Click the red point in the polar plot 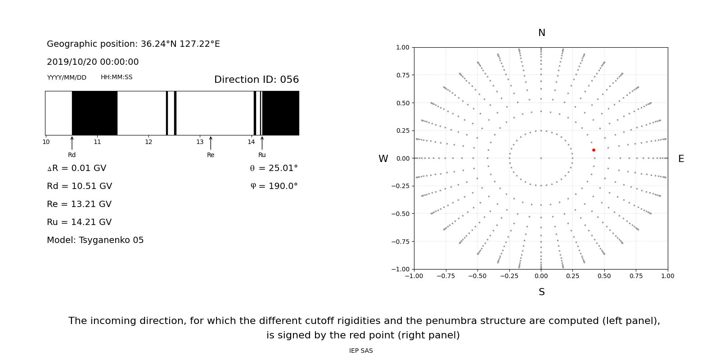pyautogui.click(x=594, y=150)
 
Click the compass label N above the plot pyautogui.click(x=541, y=33)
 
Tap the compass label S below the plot pyautogui.click(x=541, y=292)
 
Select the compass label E pyautogui.click(x=681, y=159)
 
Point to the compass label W pyautogui.click(x=383, y=159)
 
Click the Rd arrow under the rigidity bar pyautogui.click(x=72, y=143)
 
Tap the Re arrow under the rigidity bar pyautogui.click(x=211, y=143)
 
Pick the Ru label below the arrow pyautogui.click(x=262, y=155)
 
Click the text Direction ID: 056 pyautogui.click(x=256, y=80)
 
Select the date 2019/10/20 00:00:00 pyautogui.click(x=93, y=62)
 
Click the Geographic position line pyautogui.click(x=133, y=44)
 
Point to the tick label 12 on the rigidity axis pyautogui.click(x=148, y=142)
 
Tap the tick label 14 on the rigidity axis pyautogui.click(x=251, y=142)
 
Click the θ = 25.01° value pyautogui.click(x=274, y=168)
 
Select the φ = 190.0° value pyautogui.click(x=274, y=186)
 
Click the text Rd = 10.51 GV pyautogui.click(x=79, y=186)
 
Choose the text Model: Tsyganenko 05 pyautogui.click(x=95, y=240)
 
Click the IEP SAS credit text pyautogui.click(x=361, y=351)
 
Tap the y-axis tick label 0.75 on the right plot pyautogui.click(x=402, y=75)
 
